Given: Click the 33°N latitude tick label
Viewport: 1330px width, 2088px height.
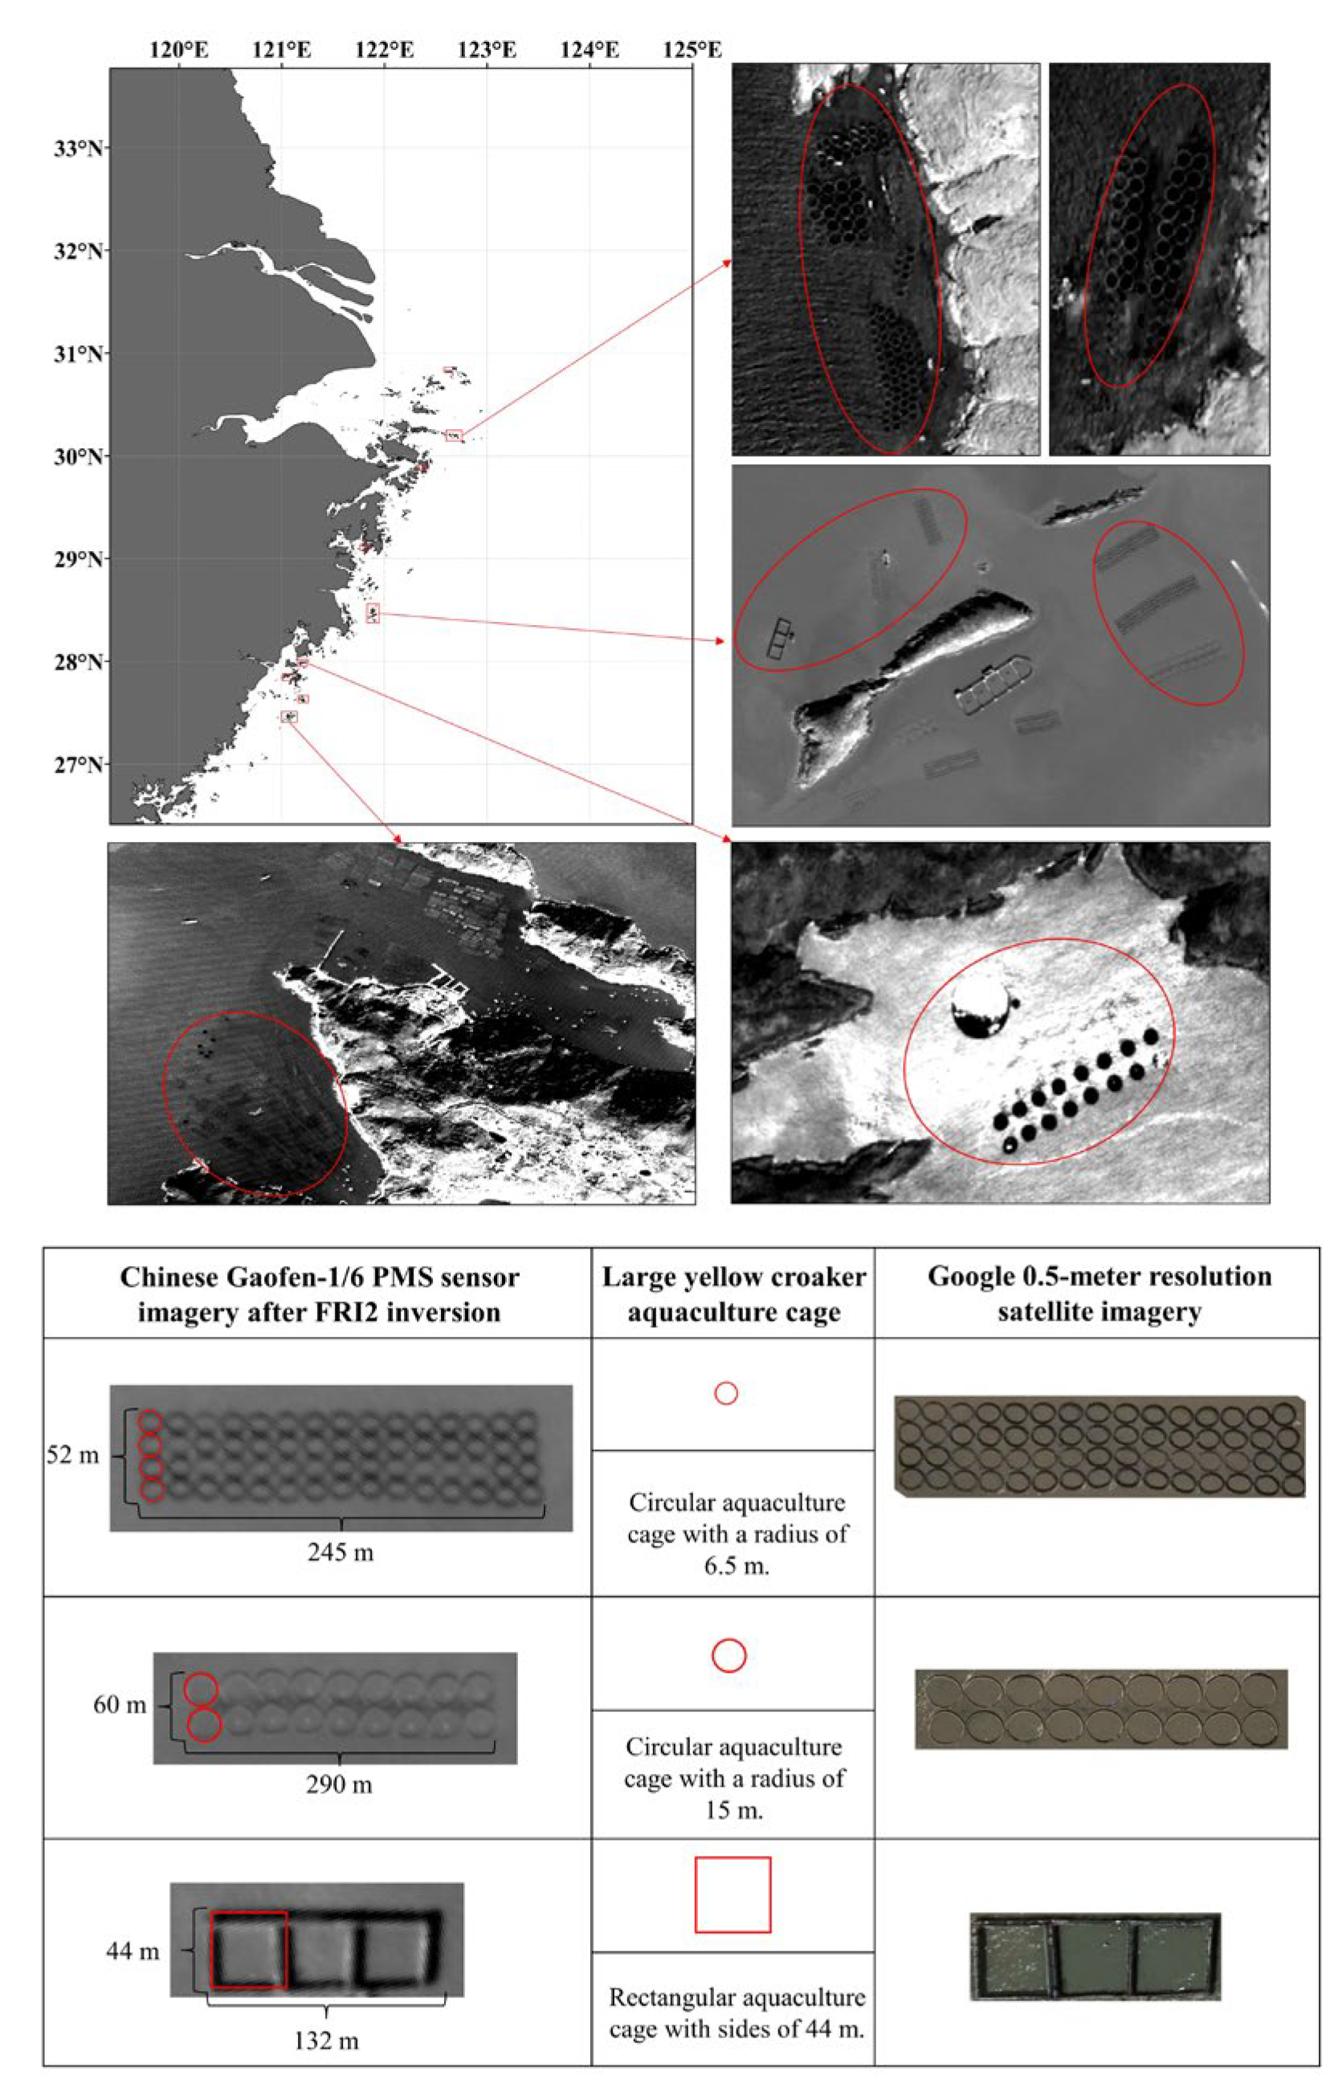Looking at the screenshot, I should click(x=78, y=149).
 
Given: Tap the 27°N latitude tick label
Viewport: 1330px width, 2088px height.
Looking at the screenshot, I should click(x=78, y=765).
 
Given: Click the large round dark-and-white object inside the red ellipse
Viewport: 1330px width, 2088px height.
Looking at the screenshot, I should click(x=981, y=1010).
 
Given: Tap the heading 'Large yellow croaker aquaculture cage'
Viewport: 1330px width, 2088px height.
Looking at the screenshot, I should click(x=733, y=1293).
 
